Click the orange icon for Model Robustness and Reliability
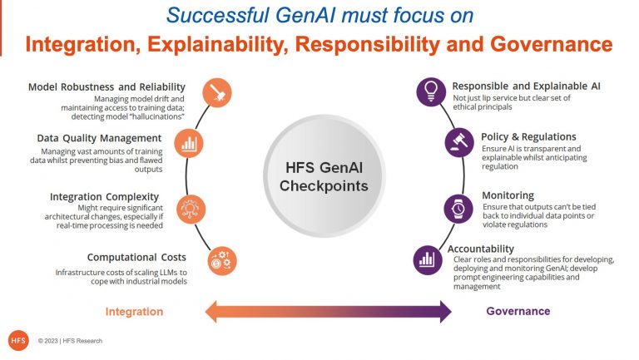coord(216,92)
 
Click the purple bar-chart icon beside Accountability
coord(428,259)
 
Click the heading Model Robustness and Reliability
coord(106,87)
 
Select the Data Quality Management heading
coord(99,138)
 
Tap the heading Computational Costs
coord(136,258)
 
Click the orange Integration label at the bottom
coord(134,312)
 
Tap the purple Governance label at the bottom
coord(518,311)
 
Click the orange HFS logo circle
coord(18,340)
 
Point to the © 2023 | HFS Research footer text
coord(70,341)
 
